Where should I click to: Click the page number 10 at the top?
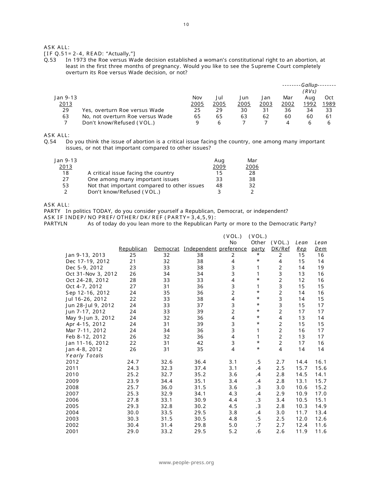click(x=186, y=24)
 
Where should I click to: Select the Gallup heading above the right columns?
click(x=309, y=85)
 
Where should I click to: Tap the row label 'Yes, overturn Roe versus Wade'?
click(x=123, y=110)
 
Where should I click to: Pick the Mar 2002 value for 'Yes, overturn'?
click(x=288, y=110)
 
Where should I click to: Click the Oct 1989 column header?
click(x=329, y=101)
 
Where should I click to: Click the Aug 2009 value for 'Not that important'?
click(x=219, y=186)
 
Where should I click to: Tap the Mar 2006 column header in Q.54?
click(x=252, y=164)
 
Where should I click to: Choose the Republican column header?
click(x=133, y=249)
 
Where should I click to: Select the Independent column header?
click(x=200, y=249)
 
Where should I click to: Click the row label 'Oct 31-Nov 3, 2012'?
click(x=91, y=274)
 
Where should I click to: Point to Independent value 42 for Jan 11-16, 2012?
click(x=200, y=343)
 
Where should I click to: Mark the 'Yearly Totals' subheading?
click(x=84, y=356)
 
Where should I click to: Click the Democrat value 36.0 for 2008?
click(x=166, y=387)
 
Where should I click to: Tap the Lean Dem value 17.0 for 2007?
click(x=320, y=393)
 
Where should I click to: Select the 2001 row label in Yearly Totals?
click(x=72, y=431)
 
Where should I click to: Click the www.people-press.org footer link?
click(x=186, y=463)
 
